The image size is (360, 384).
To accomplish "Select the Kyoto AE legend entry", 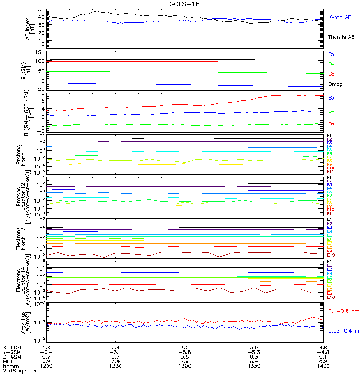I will pyautogui.click(x=339, y=17).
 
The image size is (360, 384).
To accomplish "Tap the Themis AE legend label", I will pyautogui.click(x=341, y=37).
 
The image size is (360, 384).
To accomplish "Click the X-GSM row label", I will pyautogui.click(x=12, y=347).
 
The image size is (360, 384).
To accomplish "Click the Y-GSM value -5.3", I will pyautogui.click(x=253, y=352).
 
